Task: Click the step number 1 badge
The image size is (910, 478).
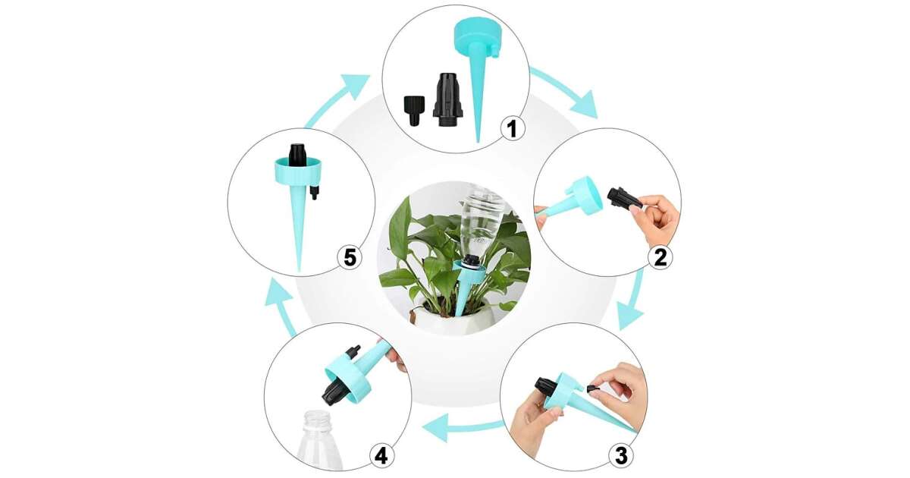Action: coord(513,128)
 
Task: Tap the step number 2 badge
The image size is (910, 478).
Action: coord(661,257)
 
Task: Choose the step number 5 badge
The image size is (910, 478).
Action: coord(350,257)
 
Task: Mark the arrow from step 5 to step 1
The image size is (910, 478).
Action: coord(337,98)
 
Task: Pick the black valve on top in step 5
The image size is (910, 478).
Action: coord(297,156)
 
